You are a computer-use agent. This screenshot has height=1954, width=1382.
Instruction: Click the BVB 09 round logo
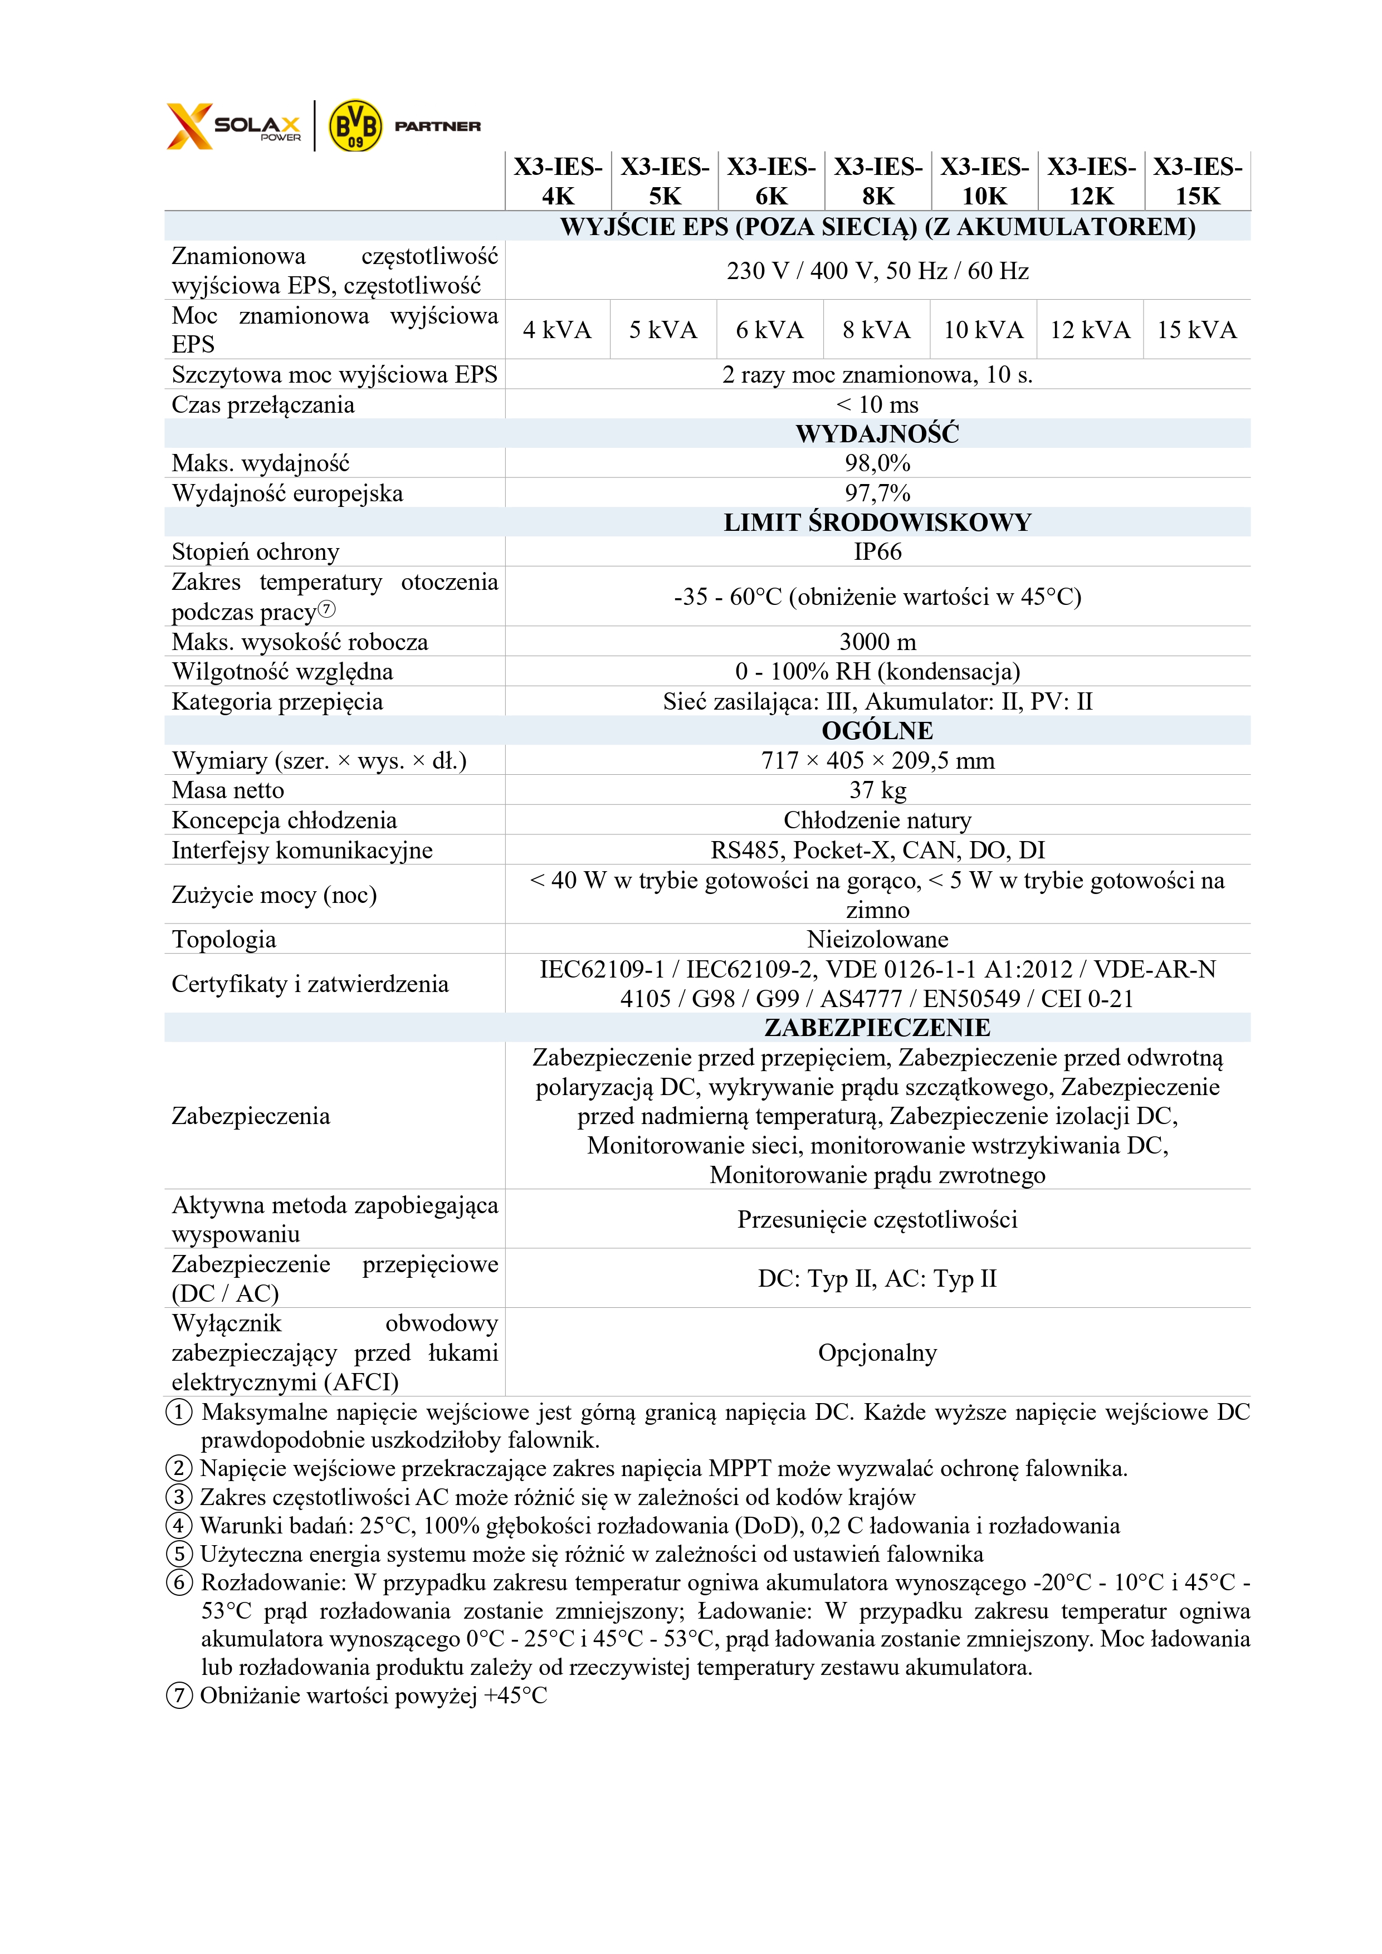point(355,126)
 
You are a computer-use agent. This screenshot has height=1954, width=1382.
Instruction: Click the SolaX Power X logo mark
point(189,126)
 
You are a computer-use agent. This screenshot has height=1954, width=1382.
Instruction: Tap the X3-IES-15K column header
point(1197,180)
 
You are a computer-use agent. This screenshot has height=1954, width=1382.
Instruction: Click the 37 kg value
point(877,790)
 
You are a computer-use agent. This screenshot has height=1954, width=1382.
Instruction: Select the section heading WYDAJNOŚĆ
point(877,434)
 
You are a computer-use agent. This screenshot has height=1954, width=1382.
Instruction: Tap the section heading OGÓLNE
point(877,730)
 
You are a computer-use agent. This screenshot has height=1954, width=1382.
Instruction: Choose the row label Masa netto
point(228,790)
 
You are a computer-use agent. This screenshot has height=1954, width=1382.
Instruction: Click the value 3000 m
point(877,642)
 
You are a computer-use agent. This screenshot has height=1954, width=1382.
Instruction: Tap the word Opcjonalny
point(877,1352)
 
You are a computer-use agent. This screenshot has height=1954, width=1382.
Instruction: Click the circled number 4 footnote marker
point(179,1525)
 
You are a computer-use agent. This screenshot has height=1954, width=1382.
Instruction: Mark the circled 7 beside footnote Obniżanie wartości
point(179,1696)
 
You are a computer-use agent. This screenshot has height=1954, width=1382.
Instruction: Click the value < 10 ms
point(877,404)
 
